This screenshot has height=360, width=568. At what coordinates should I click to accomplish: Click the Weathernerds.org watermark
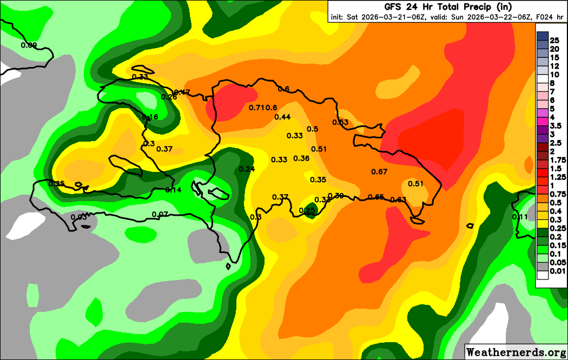click(516, 352)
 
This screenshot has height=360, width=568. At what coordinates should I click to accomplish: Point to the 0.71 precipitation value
click(256, 108)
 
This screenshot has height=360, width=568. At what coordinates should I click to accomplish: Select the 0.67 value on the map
click(379, 172)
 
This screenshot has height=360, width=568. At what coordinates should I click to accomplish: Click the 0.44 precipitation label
click(282, 117)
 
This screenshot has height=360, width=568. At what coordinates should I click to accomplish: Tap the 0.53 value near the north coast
click(340, 122)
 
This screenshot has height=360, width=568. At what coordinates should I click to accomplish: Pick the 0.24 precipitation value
click(247, 169)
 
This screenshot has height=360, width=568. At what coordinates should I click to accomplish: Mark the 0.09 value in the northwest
click(29, 45)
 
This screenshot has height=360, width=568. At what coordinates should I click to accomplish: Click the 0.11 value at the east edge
click(520, 217)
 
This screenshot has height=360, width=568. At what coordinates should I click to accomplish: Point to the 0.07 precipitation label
click(160, 214)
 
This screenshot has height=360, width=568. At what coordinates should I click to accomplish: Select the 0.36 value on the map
click(301, 158)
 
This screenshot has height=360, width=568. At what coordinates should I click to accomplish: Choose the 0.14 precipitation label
click(173, 190)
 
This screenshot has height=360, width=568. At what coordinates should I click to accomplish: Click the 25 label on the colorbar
click(554, 41)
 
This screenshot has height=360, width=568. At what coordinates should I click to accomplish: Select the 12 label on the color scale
click(554, 65)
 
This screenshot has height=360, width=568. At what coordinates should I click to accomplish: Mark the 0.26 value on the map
click(169, 97)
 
